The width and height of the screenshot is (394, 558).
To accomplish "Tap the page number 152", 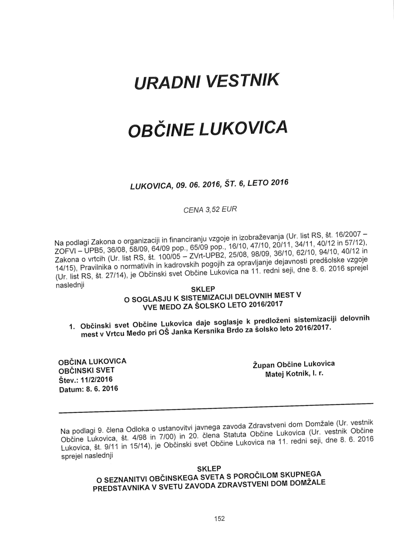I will click(219, 518).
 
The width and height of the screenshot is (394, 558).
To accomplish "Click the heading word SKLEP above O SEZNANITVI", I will click(208, 469).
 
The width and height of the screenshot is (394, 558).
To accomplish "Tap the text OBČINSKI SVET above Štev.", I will click(86, 370).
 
